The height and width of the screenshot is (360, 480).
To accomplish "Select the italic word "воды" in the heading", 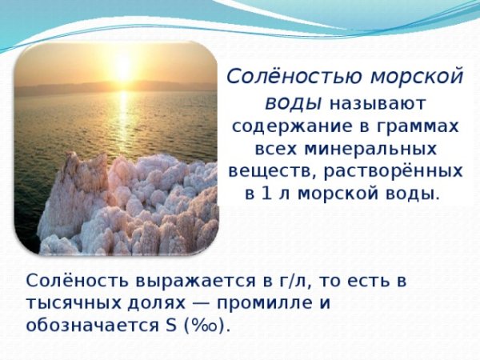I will click(293, 103).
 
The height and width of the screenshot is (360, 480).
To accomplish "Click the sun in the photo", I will click(122, 67).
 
